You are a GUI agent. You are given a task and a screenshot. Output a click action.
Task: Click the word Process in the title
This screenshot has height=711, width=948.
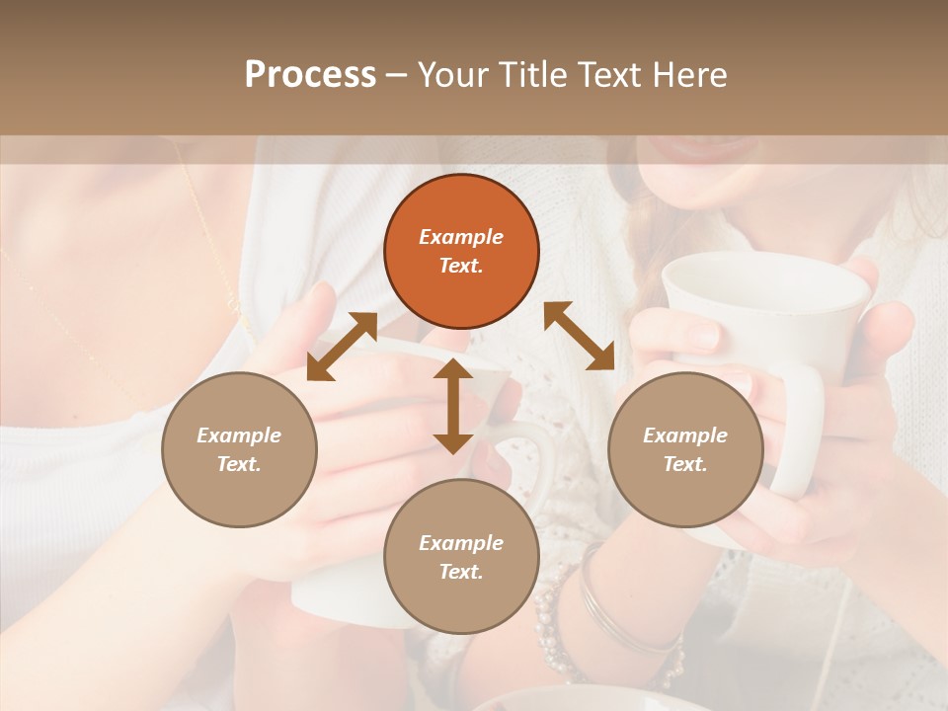point(310,75)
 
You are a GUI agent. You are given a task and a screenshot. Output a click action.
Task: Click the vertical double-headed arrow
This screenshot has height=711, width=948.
point(453,406)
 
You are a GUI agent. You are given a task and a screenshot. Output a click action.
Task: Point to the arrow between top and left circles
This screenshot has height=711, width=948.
point(342,347)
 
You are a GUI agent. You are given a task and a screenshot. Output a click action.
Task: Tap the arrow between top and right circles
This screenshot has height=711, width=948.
point(579,336)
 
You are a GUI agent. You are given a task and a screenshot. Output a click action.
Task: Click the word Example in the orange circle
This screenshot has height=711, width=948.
point(461,237)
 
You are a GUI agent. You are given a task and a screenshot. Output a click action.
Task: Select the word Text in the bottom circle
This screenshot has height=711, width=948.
point(460,572)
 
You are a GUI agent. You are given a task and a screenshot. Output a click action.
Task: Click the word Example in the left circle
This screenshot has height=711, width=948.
point(239,435)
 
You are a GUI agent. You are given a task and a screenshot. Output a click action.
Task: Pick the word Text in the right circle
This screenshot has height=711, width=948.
point(684,464)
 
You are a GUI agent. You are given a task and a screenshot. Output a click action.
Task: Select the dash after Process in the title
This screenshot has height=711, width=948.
point(396,75)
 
